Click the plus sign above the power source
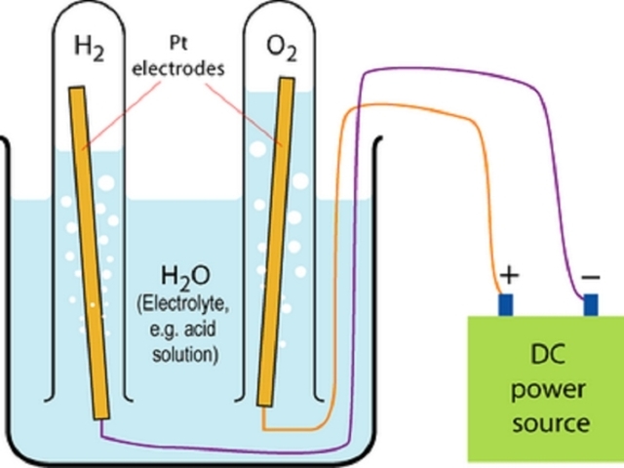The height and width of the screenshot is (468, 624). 508,277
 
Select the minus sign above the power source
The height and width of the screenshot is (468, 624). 591,277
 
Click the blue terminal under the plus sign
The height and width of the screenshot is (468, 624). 506,304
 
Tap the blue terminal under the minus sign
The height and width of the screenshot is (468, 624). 590,304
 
